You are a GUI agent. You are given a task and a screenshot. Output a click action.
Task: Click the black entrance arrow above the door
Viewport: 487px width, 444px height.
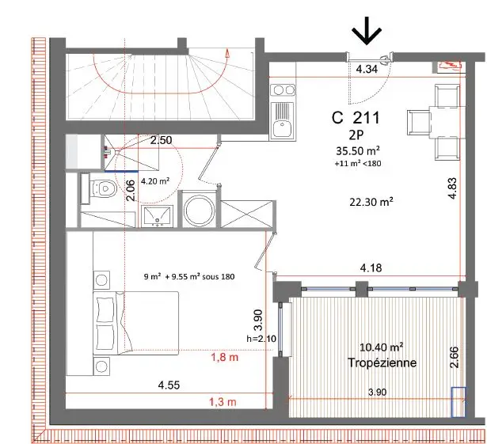367,30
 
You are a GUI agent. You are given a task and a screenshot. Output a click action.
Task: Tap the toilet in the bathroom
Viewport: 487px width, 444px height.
100,188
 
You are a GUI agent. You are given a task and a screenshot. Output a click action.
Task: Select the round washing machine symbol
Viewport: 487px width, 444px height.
199,210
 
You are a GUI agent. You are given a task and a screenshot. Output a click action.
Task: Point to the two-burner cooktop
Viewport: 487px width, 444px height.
283,90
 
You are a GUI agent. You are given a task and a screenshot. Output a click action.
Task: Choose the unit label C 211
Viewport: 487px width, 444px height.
356,118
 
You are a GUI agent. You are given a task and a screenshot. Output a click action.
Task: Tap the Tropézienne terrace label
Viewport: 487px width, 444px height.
382,362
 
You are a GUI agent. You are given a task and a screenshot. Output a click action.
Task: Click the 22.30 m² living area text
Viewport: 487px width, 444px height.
371,202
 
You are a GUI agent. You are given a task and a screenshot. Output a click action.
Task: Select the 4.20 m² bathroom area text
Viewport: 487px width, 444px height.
155,181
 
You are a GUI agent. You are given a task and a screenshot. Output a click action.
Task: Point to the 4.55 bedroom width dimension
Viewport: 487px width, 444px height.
169,385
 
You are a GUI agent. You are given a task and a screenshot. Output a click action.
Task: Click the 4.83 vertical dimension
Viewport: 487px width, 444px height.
453,188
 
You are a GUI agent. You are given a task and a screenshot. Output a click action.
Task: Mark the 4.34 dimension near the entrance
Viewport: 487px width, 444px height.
367,69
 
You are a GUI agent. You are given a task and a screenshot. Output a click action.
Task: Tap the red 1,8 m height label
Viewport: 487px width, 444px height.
225,358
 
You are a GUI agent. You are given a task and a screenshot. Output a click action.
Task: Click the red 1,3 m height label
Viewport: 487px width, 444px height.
223,402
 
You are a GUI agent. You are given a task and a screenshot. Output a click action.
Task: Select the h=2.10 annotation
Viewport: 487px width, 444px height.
261,339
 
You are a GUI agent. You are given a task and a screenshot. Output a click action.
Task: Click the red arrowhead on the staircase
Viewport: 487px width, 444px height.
228,54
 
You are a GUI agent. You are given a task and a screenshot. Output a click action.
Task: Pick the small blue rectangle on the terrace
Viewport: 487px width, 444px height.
458,402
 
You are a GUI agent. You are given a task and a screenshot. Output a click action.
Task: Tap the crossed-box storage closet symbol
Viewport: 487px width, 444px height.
248,214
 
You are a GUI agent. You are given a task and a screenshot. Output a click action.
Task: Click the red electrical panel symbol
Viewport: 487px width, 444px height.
450,66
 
